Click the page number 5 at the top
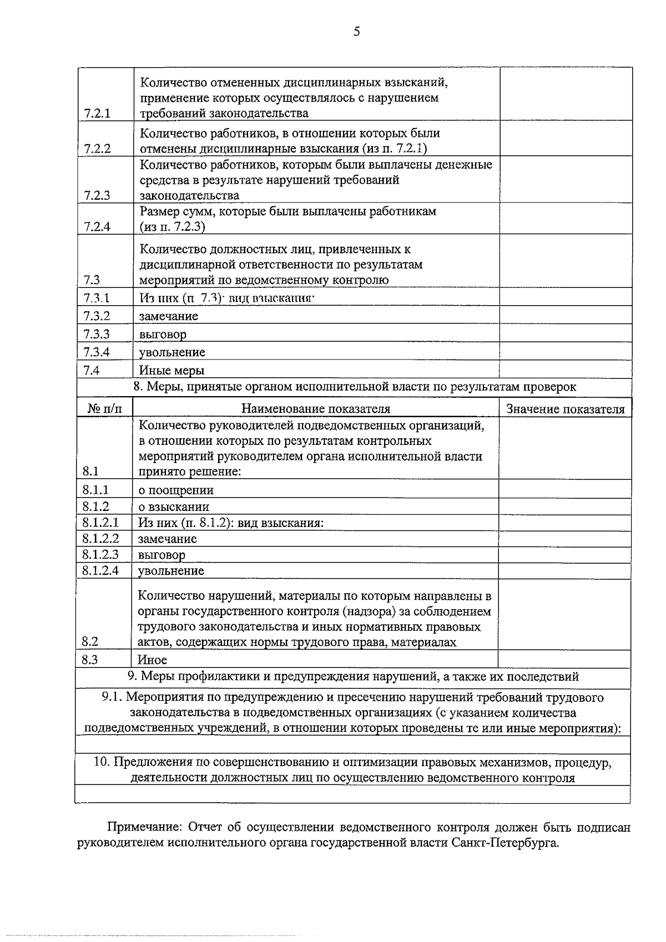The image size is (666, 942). [x=356, y=32]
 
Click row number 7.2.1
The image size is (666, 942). [x=98, y=113]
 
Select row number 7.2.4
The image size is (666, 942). [x=98, y=226]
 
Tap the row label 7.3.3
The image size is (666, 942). [x=97, y=334]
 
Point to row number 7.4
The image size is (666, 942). [x=92, y=370]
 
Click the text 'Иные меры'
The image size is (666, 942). [x=172, y=370]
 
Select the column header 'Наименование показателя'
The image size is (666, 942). [x=315, y=409]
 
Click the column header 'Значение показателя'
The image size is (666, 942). [x=565, y=409]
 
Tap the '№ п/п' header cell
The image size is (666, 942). [x=104, y=409]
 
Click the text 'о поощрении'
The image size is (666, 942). [x=176, y=490]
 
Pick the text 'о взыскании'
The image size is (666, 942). [x=174, y=507]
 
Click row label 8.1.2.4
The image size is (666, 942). [x=100, y=570]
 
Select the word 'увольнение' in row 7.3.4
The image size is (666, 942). [x=173, y=352]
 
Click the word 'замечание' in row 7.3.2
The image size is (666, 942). [x=169, y=316]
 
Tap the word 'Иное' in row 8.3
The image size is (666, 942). [x=152, y=660]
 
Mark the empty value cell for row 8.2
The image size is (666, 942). [x=564, y=615]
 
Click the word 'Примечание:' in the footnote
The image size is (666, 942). [x=144, y=828]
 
